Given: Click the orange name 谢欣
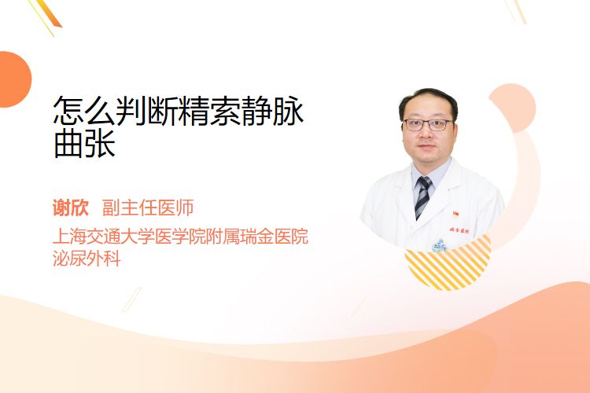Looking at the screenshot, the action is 71,208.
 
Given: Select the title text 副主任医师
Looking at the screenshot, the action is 148,208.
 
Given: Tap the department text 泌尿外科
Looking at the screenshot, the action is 87,259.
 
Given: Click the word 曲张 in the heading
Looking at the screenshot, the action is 85,144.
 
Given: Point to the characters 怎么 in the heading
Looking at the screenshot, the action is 85,111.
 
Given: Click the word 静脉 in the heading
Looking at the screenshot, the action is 273,111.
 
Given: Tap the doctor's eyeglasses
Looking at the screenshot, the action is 428,124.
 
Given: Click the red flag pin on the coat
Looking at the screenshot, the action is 455,215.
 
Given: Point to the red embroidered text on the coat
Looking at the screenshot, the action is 459,230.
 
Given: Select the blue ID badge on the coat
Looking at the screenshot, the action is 439,245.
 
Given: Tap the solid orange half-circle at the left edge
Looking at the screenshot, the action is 14,79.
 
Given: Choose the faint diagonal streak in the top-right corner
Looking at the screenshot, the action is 515,10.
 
